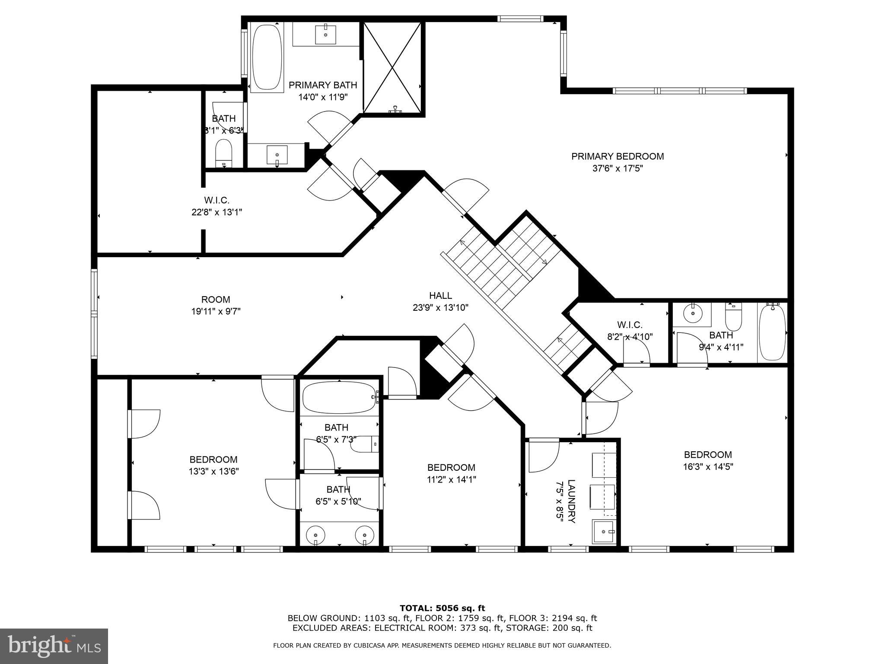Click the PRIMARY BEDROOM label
click(617, 156)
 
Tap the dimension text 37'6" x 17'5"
click(617, 169)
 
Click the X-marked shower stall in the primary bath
click(392, 67)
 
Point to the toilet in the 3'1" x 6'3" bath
click(224, 153)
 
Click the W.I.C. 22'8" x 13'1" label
click(216, 206)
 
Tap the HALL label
click(440, 296)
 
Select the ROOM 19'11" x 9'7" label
click(216, 305)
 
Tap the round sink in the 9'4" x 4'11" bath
click(693, 313)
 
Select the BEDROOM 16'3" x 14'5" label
click(707, 460)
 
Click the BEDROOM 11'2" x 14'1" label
click(451, 473)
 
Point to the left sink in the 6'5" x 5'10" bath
click(314, 536)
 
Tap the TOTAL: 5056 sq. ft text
click(442, 608)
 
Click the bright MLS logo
click(54, 646)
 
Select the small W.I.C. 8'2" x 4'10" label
click(630, 330)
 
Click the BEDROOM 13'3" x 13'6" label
click(213, 465)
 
